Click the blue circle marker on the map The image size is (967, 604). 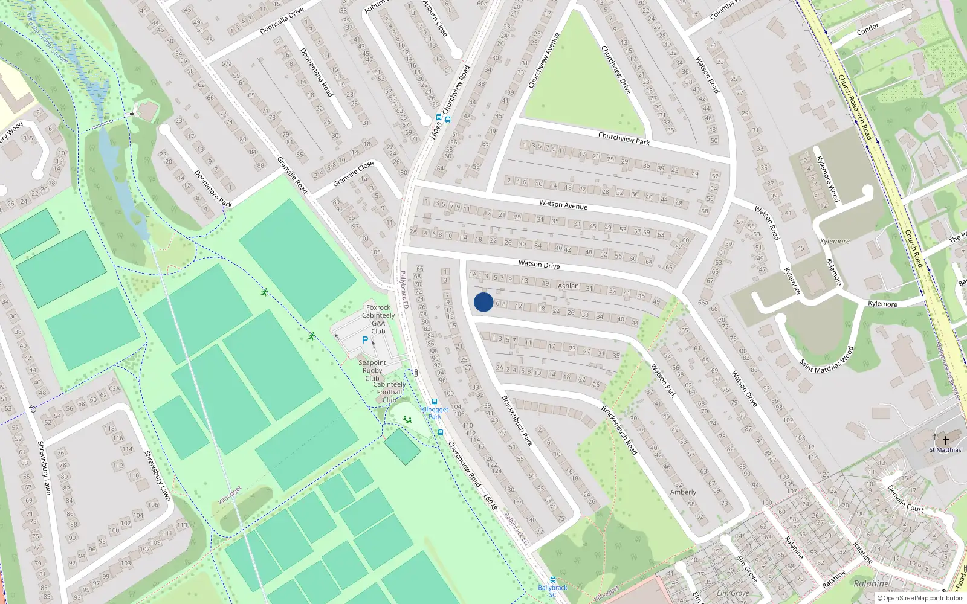(483, 302)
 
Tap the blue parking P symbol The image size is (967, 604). (365, 340)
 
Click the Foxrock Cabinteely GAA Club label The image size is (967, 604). (378, 319)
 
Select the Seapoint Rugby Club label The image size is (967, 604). (372, 370)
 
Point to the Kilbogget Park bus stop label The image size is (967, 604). (435, 413)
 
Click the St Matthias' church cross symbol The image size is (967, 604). (946, 440)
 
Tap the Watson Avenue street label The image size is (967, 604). (563, 205)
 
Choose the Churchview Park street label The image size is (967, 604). (624, 139)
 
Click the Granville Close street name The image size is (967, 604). (354, 174)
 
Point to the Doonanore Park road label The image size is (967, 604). (213, 188)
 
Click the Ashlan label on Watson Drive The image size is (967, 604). (568, 286)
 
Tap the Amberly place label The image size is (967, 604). (683, 492)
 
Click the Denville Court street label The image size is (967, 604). (905, 498)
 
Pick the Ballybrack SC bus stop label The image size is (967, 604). (552, 591)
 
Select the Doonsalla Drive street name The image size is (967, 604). (282, 22)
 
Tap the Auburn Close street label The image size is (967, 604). (435, 18)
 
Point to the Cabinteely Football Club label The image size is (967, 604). (390, 392)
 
